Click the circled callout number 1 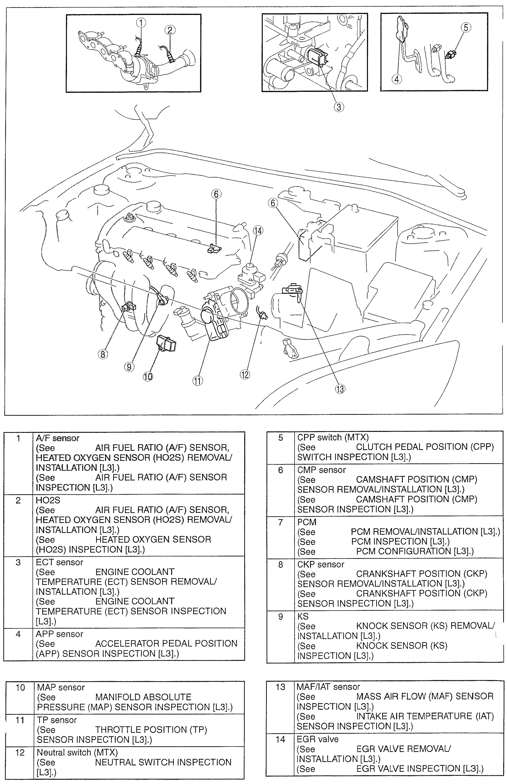point(141,23)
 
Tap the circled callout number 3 point(339,107)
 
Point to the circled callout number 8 point(103,354)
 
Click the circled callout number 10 point(148,376)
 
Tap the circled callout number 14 point(258,231)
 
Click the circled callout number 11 point(197,381)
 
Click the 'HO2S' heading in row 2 point(48,500)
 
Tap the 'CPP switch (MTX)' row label point(333,437)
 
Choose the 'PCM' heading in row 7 point(307,522)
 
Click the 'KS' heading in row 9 point(303,616)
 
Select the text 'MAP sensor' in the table point(61,687)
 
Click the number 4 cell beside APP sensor point(18,634)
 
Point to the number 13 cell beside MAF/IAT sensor point(280,687)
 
